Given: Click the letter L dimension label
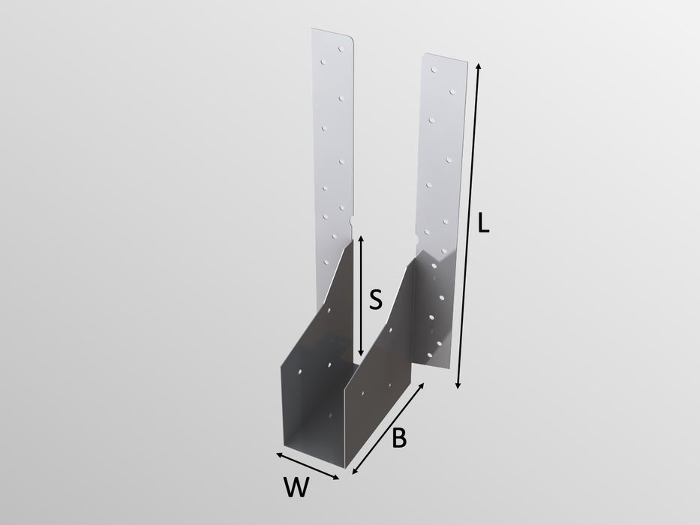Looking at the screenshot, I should pyautogui.click(x=483, y=224).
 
